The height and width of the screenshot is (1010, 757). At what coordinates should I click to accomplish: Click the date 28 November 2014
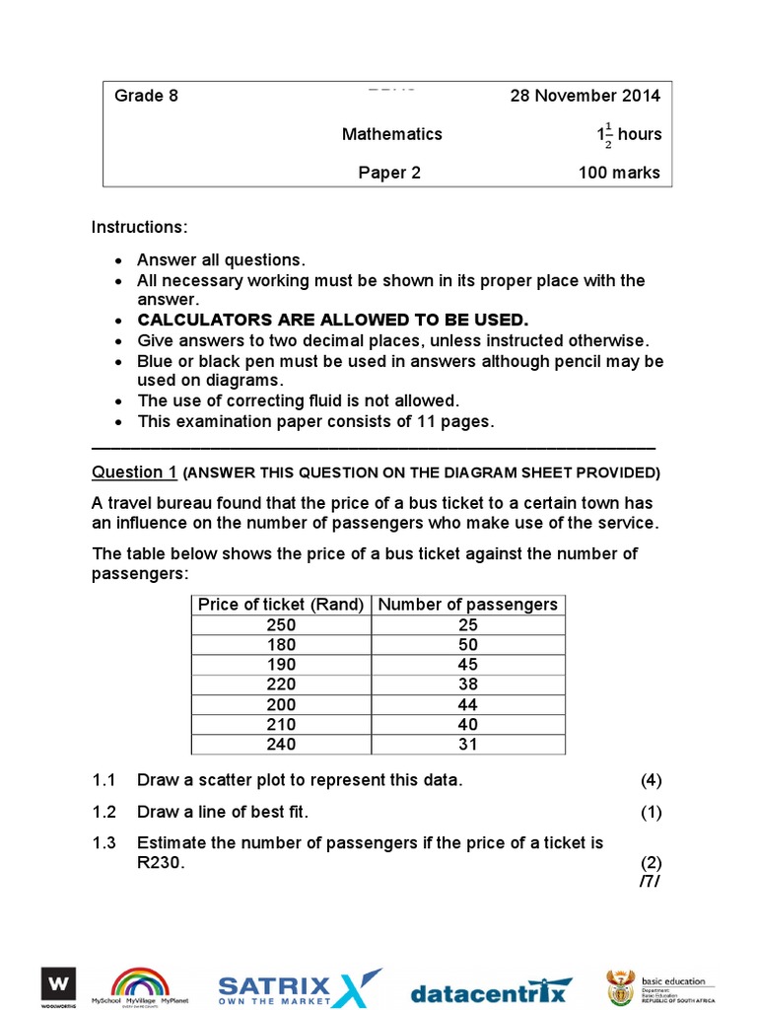point(585,96)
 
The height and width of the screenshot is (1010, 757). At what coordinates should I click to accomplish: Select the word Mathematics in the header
point(392,134)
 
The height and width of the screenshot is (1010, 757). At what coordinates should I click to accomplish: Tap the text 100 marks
point(619,173)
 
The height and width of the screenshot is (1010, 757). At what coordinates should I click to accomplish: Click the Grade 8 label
point(146,96)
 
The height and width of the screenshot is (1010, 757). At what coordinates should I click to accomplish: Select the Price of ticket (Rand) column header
point(281,605)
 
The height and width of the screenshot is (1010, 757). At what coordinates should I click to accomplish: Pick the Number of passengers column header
point(467,605)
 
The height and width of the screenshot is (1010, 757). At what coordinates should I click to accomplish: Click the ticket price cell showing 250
point(281,625)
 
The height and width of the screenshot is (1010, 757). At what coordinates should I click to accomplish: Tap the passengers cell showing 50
point(467,645)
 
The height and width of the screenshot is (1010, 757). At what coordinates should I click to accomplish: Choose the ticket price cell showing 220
point(281,685)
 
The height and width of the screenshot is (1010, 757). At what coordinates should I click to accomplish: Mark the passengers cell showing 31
point(467,745)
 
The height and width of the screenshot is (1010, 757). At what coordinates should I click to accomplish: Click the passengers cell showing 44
point(467,704)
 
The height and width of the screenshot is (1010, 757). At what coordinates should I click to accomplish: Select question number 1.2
point(104,813)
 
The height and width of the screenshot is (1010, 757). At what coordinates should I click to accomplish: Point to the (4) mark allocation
point(651,780)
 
